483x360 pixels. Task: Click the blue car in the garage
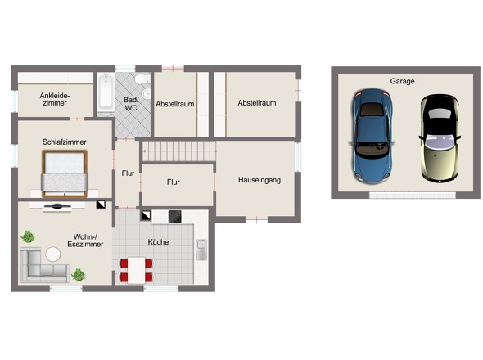tap(372, 136)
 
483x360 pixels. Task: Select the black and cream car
tap(440, 138)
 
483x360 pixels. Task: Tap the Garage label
tap(402, 81)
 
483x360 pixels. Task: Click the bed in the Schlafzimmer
tap(65, 173)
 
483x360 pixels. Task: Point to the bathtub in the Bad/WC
tap(106, 92)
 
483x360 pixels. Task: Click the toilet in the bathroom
tap(142, 79)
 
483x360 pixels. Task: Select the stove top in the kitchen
tap(174, 217)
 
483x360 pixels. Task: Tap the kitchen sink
tap(201, 249)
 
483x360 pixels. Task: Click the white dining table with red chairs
tap(136, 270)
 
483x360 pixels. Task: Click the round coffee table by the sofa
tap(53, 254)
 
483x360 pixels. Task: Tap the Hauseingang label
tap(260, 180)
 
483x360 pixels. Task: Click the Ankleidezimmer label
tap(55, 100)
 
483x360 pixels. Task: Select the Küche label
tap(158, 242)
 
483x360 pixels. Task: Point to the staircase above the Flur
tap(179, 151)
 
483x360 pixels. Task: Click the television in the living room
tap(57, 206)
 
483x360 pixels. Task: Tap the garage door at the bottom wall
tap(413, 195)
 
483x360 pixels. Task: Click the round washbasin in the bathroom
tap(147, 93)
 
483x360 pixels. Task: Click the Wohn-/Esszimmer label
tap(85, 241)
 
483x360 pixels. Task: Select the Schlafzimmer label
tap(65, 142)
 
